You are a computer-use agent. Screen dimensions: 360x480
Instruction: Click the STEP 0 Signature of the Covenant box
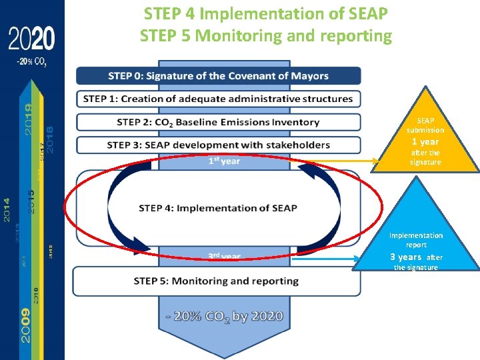click(219, 75)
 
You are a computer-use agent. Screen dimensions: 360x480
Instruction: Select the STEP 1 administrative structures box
click(219, 99)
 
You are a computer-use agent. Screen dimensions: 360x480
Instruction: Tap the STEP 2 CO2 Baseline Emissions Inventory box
click(219, 122)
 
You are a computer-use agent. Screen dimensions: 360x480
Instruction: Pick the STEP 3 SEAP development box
click(219, 145)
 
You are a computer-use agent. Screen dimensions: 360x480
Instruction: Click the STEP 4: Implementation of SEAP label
click(218, 208)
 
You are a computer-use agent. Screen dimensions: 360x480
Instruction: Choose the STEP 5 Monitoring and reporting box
click(217, 281)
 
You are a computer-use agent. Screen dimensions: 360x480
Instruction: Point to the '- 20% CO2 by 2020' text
click(224, 316)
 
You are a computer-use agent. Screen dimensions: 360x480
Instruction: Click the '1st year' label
click(224, 161)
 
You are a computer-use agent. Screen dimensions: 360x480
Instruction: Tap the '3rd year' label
click(224, 256)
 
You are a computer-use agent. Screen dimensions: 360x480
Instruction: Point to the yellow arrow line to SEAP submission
click(333, 161)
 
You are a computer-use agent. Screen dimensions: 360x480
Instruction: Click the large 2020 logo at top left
click(31, 41)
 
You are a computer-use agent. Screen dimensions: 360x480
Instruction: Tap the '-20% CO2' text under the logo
click(31, 61)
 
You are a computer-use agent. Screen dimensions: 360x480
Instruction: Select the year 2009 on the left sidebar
click(25, 325)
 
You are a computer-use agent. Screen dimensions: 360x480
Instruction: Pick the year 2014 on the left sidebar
click(7, 209)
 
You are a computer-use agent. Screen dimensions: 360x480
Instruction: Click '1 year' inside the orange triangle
click(425, 141)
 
